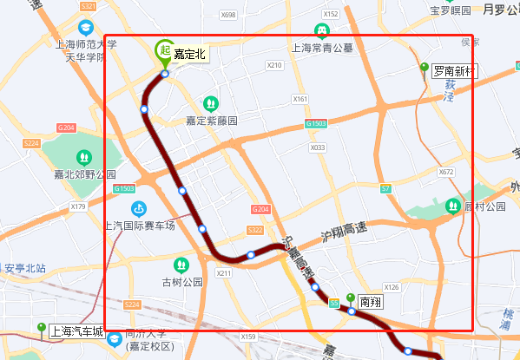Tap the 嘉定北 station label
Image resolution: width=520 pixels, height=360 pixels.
(x=189, y=54)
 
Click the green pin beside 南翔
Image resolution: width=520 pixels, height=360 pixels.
(x=351, y=299)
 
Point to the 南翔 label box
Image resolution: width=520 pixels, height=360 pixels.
(x=371, y=302)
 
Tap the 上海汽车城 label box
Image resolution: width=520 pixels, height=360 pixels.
(x=76, y=331)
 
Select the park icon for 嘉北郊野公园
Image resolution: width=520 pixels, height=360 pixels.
(x=84, y=157)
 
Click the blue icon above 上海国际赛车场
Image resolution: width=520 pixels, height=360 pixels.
(x=138, y=208)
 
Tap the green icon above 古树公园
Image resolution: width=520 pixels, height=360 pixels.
(x=181, y=264)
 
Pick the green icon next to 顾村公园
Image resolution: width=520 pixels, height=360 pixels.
(x=452, y=206)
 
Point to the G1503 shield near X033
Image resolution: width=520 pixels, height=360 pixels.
(x=316, y=125)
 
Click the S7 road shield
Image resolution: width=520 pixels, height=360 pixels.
(x=385, y=187)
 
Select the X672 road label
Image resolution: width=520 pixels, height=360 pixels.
(x=446, y=172)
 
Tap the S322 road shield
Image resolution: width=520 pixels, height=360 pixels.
(x=254, y=230)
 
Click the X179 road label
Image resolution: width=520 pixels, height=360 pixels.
(x=78, y=206)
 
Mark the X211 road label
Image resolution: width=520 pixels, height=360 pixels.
(x=225, y=273)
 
